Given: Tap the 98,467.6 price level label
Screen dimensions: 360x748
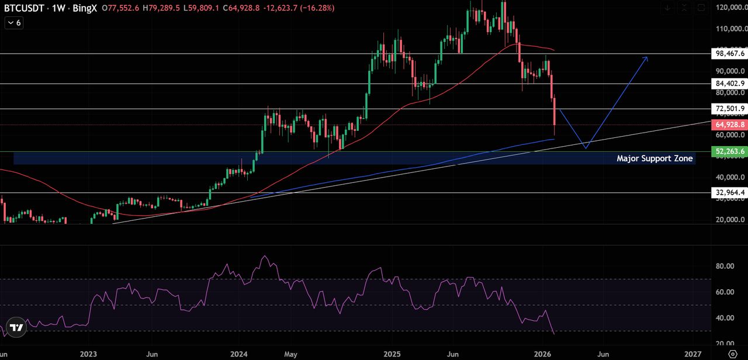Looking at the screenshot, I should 730,53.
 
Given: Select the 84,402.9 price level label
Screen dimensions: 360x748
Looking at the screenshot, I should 730,84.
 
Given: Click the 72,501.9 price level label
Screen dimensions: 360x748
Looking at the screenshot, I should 730,109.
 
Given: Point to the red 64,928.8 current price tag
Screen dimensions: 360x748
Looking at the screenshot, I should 730,124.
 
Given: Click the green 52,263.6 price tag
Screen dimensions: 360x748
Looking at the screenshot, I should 730,151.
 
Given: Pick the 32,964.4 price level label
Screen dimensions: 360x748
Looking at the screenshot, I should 730,192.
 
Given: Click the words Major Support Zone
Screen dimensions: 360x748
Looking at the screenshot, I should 654,158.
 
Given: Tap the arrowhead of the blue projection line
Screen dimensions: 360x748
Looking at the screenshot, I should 646,58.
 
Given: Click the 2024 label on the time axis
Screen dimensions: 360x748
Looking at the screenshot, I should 239,354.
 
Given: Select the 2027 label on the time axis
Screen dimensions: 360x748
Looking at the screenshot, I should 693,354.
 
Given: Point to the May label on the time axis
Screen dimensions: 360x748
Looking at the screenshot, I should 291,354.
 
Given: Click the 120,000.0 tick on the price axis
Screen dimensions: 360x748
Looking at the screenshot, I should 729,8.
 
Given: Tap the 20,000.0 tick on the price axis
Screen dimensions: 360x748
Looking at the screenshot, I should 729,220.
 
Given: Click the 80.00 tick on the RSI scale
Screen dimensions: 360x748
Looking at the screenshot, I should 725,266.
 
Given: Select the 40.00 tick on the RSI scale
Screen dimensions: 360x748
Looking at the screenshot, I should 725,318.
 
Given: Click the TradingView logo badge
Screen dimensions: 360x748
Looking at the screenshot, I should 16,328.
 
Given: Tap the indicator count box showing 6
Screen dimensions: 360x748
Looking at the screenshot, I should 13,22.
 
